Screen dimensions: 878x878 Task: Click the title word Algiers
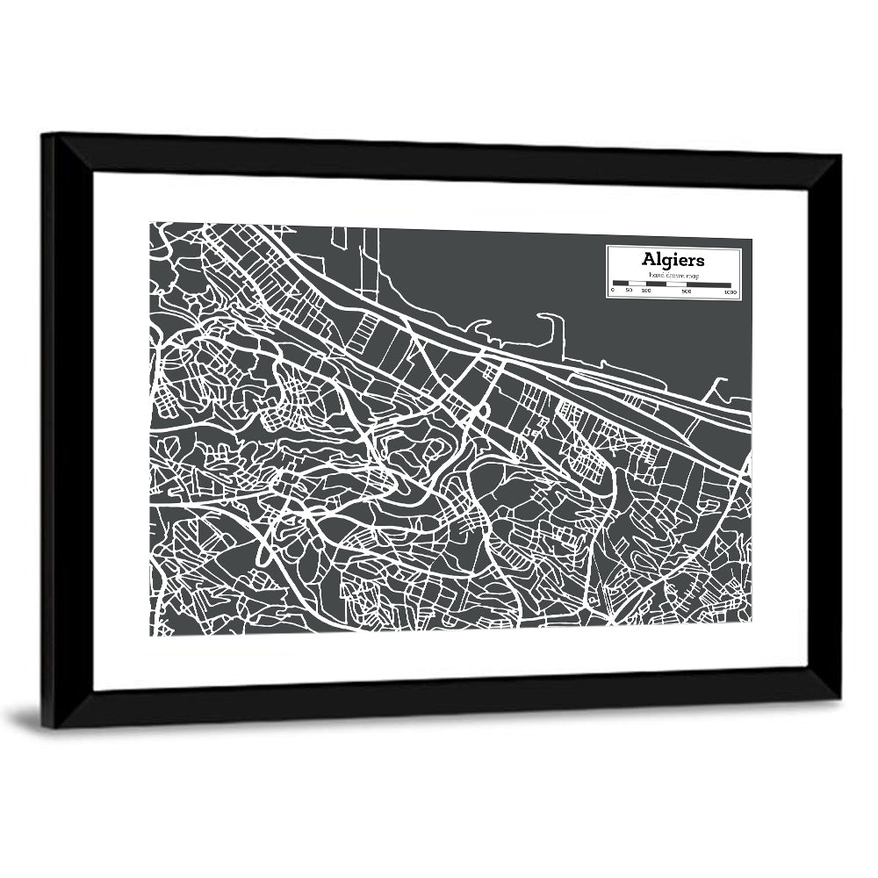[x=673, y=259]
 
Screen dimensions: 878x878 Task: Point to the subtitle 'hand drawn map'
[x=673, y=275]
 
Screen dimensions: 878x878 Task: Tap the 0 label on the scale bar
[x=613, y=291]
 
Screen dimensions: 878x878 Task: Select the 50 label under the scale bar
[x=629, y=291]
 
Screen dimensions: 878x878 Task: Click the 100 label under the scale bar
[x=645, y=291]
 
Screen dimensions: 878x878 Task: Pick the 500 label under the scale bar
[x=687, y=291]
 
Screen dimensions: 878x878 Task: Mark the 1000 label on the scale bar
[x=730, y=291]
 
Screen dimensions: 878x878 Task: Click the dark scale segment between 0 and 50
[x=621, y=284]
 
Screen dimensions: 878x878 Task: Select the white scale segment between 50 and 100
[x=637, y=284]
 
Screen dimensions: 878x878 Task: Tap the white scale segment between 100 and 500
[x=666, y=284]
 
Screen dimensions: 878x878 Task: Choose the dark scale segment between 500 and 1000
[x=709, y=284]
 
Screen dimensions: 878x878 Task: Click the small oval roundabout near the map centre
[x=482, y=411]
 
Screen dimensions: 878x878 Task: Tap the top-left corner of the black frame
[x=43, y=133]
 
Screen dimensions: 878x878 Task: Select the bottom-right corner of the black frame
[x=838, y=700]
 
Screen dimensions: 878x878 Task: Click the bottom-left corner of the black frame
[x=43, y=727]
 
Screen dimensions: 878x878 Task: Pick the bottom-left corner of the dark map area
[x=150, y=635]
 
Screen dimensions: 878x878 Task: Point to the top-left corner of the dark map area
[x=150, y=223]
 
